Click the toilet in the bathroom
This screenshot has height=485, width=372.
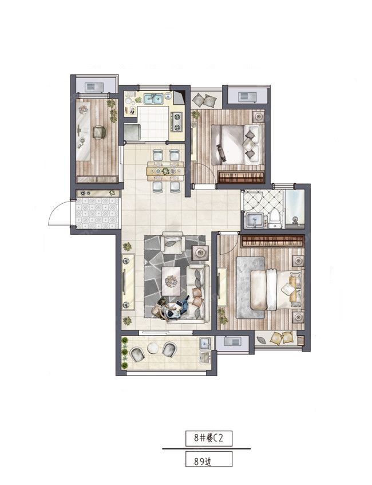(x=274, y=218)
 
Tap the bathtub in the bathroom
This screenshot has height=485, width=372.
(x=295, y=207)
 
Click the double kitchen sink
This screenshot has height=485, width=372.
(x=154, y=99)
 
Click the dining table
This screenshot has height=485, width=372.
(x=166, y=171)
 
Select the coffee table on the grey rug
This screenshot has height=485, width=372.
(x=172, y=281)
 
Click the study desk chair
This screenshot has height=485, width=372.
(x=99, y=132)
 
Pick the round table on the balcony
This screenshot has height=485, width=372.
(x=153, y=348)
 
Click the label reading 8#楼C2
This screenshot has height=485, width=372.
(x=209, y=438)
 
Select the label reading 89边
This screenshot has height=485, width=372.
(x=203, y=462)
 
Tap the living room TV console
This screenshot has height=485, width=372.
(x=128, y=282)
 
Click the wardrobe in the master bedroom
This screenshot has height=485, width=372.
(x=272, y=241)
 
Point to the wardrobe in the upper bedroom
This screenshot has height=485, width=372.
(x=241, y=178)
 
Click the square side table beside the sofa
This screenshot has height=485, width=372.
(x=201, y=254)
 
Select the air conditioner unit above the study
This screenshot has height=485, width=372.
(x=94, y=87)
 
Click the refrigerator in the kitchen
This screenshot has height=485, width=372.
(x=132, y=132)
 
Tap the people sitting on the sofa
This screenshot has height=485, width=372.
(x=171, y=307)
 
